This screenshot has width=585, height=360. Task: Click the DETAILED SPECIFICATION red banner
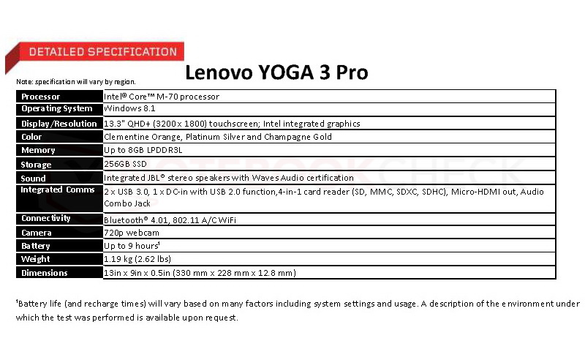pyautogui.click(x=102, y=52)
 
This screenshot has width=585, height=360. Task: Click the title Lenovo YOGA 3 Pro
pyautogui.click(x=276, y=72)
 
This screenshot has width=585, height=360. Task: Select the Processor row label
pyautogui.click(x=41, y=97)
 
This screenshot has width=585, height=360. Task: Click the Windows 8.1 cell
pyautogui.click(x=130, y=109)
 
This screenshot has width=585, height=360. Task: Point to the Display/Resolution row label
pyautogui.click(x=59, y=124)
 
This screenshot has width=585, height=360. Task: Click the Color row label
pyautogui.click(x=32, y=137)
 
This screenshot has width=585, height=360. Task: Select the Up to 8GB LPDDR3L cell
pyautogui.click(x=143, y=150)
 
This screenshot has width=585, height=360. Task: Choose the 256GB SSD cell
pyautogui.click(x=125, y=164)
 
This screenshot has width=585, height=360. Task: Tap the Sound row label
pyautogui.click(x=34, y=178)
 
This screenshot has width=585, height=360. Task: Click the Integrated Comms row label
pyautogui.click(x=58, y=190)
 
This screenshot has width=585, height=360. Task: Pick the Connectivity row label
pyautogui.click(x=46, y=218)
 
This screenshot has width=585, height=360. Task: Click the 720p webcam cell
pyautogui.click(x=131, y=233)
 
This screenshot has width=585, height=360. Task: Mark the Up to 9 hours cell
pyautogui.click(x=132, y=246)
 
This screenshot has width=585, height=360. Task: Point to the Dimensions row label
pyautogui.click(x=45, y=273)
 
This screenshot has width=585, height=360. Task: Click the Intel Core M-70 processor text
pyautogui.click(x=162, y=97)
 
